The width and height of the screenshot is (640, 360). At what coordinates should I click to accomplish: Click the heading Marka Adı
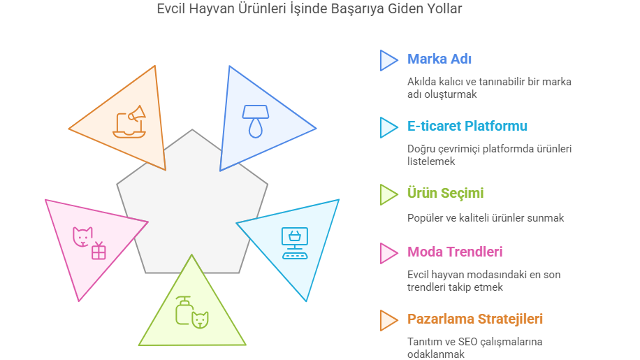tap(439, 59)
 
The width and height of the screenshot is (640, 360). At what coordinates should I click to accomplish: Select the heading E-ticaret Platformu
tap(467, 126)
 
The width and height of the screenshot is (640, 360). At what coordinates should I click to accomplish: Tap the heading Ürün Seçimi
tap(445, 193)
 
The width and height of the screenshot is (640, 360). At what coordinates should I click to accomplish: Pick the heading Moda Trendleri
tap(455, 252)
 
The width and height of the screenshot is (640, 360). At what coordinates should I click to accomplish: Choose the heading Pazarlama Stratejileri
tap(474, 319)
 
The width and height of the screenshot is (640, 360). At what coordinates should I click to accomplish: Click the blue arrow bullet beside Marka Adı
tap(389, 60)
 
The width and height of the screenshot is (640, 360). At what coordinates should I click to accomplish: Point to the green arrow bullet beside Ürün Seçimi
tap(389, 194)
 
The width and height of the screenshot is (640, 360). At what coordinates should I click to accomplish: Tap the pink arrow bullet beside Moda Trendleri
tap(389, 254)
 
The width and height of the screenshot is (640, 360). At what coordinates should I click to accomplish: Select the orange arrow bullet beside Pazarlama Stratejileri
tap(389, 320)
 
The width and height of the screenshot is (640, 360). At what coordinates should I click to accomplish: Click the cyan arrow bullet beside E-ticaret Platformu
tap(389, 127)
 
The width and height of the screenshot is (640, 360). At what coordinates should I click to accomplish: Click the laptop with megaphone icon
tap(129, 122)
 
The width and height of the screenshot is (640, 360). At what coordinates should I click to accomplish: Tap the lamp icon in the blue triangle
tap(256, 122)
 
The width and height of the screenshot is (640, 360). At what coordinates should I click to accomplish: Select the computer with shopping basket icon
tap(295, 243)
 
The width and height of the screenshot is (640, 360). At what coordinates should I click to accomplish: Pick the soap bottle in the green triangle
tap(184, 310)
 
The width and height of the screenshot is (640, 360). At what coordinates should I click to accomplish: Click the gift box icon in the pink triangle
tap(99, 251)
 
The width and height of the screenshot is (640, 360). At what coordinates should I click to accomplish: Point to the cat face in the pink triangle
tap(82, 237)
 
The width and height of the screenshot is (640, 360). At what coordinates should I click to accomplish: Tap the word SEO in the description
tap(467, 342)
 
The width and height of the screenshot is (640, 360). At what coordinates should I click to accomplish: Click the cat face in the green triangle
tap(201, 319)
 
